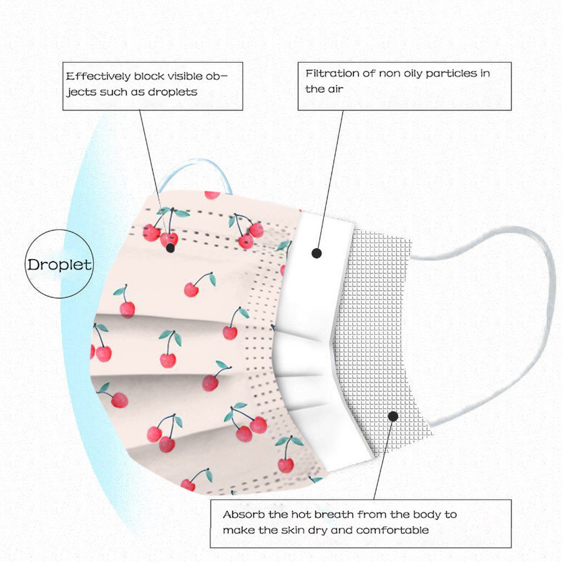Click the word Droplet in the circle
click(x=59, y=265)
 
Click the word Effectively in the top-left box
click(x=98, y=76)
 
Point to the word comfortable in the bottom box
click(x=392, y=530)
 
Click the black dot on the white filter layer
click(x=316, y=253)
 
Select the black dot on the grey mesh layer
click(x=393, y=417)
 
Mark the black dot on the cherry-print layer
click(x=170, y=248)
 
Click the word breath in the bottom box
click(x=334, y=515)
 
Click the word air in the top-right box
click(x=335, y=89)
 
